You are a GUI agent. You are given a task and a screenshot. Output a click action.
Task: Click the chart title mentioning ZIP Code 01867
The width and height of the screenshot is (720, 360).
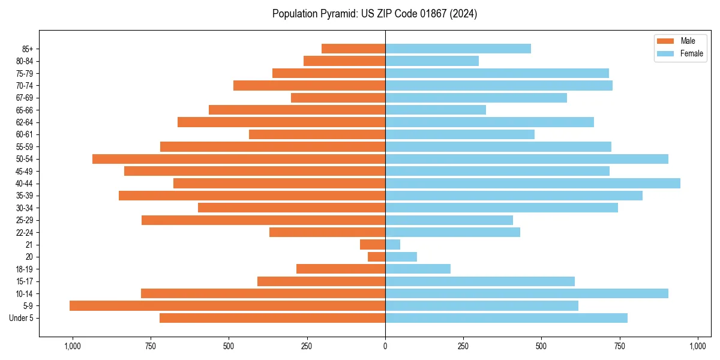point(374,14)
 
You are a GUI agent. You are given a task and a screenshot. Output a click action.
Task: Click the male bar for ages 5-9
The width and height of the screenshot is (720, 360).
point(227,306)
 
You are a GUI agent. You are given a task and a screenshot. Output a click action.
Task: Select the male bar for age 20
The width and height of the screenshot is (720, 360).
point(377,257)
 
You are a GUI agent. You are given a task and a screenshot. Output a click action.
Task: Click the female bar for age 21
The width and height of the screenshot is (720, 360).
point(392,245)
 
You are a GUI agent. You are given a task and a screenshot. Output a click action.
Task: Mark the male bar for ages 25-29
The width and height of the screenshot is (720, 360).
point(263,220)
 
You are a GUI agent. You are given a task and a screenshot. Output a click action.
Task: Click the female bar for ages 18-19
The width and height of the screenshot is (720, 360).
point(418,269)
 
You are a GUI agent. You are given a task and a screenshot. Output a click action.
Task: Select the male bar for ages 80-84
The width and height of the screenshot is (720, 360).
point(344,61)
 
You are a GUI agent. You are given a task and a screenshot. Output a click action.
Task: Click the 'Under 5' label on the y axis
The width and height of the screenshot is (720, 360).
point(21,318)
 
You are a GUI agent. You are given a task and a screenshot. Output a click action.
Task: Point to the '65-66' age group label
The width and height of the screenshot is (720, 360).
point(25,110)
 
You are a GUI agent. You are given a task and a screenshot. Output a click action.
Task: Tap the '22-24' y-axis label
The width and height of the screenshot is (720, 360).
point(25,232)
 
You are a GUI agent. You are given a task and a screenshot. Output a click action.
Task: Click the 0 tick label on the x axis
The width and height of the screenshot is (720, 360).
point(385,346)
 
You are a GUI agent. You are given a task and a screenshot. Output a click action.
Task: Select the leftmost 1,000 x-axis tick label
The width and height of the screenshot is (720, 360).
point(72,346)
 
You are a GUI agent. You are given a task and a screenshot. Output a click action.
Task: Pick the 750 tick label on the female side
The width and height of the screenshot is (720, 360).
point(620,346)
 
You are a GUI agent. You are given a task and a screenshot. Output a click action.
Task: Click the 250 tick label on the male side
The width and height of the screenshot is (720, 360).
point(307,346)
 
